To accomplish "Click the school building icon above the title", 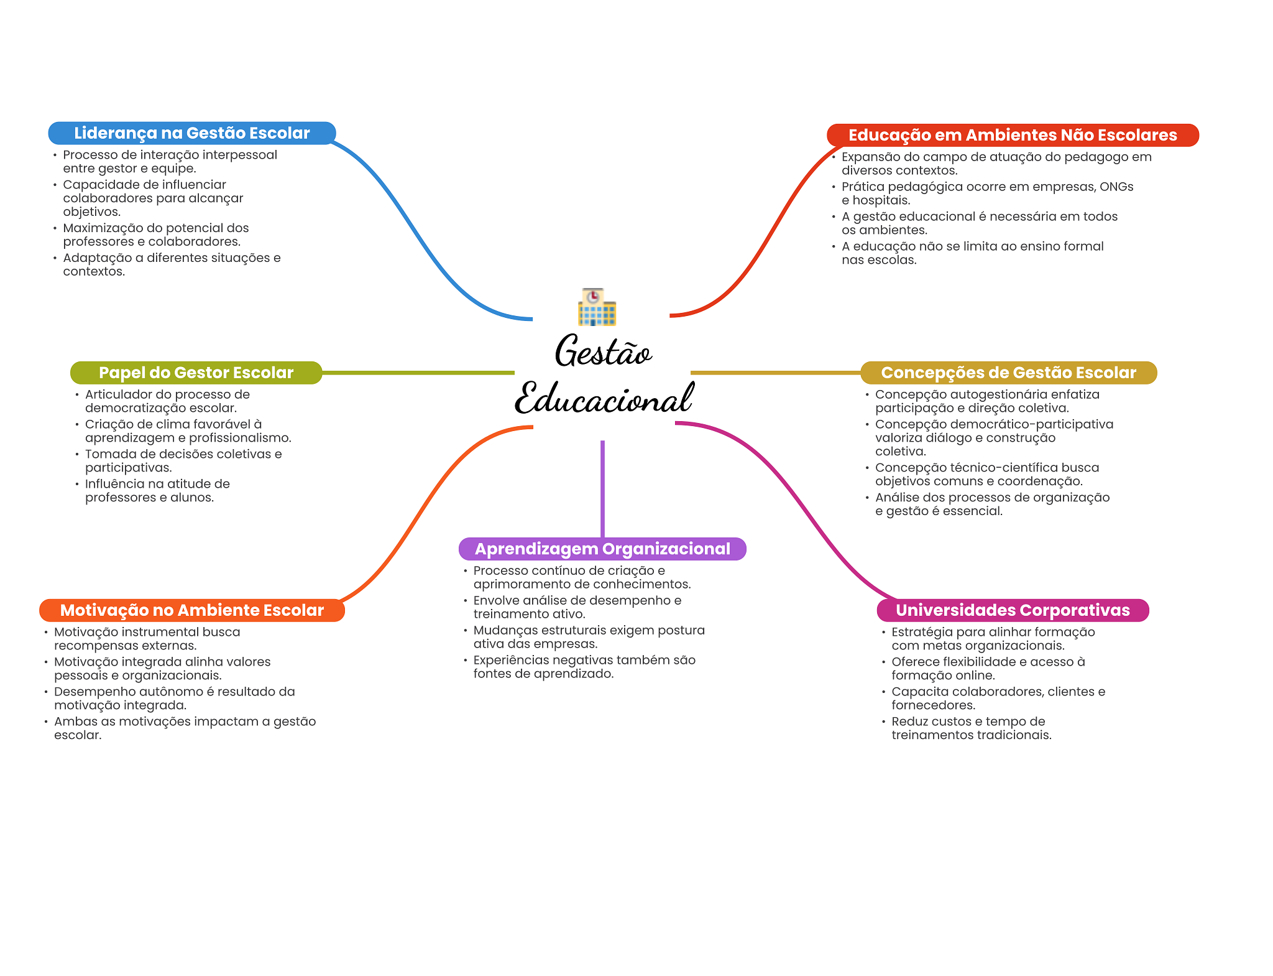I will click(x=596, y=307).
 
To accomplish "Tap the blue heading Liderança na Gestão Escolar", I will click(x=191, y=133).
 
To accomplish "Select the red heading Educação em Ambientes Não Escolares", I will click(x=1012, y=135).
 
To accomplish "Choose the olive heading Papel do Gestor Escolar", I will click(x=196, y=373).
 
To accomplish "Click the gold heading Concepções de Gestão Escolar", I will click(x=1008, y=373).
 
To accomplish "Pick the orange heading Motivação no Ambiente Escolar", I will click(x=191, y=610).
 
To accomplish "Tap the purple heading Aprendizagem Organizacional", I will click(x=602, y=549).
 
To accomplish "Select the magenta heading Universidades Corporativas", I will click(x=1013, y=610).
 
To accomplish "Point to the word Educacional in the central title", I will click(x=604, y=399).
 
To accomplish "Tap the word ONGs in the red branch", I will click(x=1116, y=187).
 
